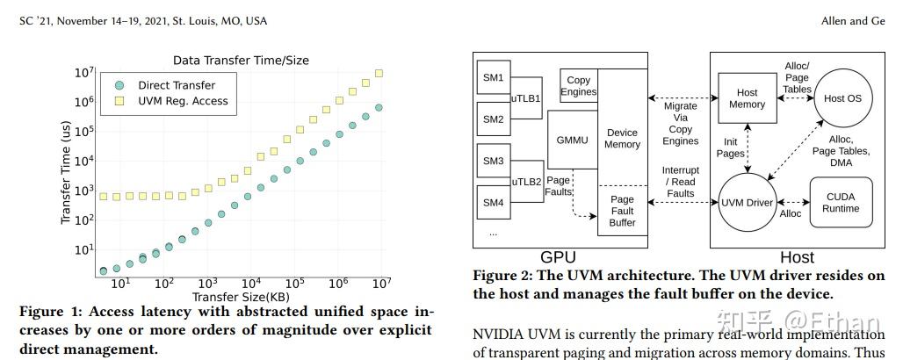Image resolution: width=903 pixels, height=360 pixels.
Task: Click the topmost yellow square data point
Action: point(379,73)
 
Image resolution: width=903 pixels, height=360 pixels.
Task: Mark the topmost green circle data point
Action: point(379,108)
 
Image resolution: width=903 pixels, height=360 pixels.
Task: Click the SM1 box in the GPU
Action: point(493,78)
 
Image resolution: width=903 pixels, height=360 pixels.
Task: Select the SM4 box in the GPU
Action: point(493,203)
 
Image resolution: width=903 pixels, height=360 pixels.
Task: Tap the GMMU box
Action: point(571,140)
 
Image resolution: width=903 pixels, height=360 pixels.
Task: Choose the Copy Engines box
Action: point(578,86)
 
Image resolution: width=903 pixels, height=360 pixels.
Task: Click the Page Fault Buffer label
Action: point(622,211)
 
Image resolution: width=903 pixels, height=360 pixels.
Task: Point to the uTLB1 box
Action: point(527,98)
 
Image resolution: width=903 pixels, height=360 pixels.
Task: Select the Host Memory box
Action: point(748,98)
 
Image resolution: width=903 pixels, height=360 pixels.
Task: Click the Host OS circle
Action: point(842,98)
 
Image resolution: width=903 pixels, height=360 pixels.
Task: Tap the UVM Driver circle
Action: point(748,203)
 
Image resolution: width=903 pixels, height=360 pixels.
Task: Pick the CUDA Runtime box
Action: point(842,203)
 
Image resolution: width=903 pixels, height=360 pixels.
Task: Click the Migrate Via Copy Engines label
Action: point(681,122)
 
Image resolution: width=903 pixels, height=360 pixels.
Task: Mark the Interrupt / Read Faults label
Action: point(681,182)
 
